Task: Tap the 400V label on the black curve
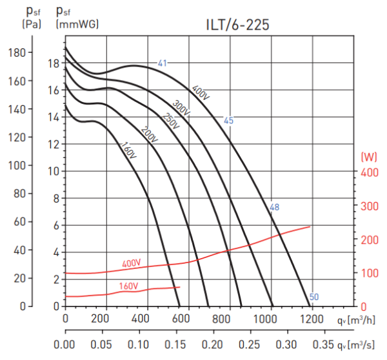tap(201, 92)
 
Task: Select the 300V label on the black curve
tap(181, 108)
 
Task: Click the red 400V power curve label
tap(132, 263)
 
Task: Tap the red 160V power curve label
tap(128, 285)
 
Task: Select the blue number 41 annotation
tap(163, 63)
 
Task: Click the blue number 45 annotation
tap(228, 120)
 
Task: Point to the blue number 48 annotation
tap(274, 207)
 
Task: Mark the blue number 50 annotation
tap(314, 297)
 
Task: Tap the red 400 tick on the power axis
tap(368, 172)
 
